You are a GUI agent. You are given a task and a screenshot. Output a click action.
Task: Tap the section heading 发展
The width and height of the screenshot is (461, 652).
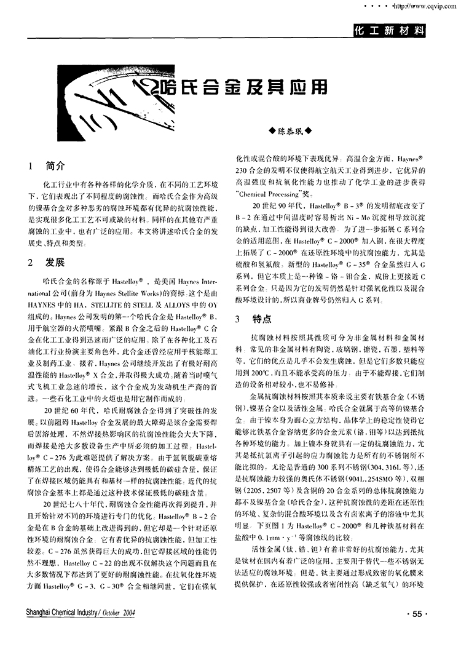coord(55,263)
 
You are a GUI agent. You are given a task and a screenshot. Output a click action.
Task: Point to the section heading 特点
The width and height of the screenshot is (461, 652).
coord(262,320)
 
